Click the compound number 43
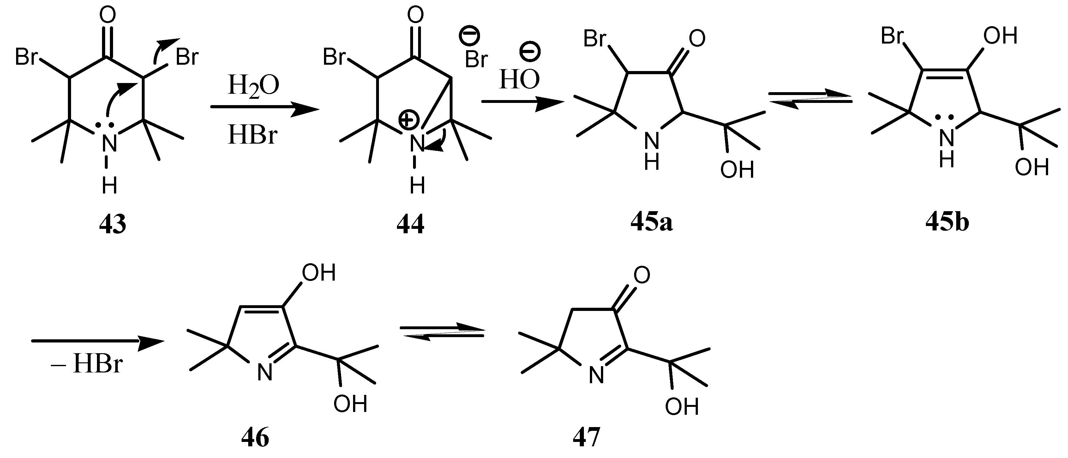(x=112, y=225)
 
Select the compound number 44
(x=411, y=225)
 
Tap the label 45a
(x=651, y=223)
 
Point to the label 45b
(x=947, y=223)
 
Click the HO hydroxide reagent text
(x=519, y=80)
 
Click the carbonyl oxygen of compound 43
(x=107, y=16)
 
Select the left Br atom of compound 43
(x=27, y=57)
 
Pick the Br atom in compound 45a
(x=595, y=39)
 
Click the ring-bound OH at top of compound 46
(x=318, y=274)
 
